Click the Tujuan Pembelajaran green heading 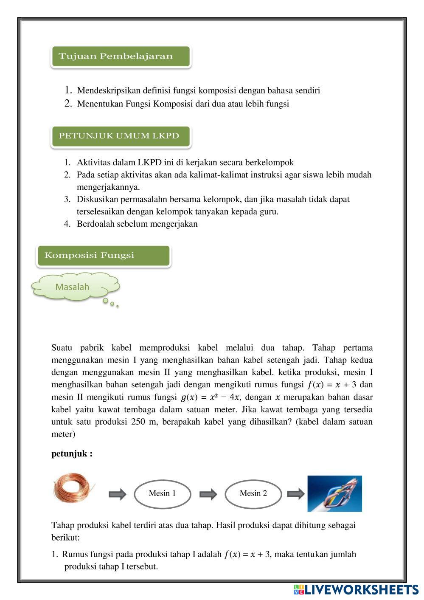click(120, 56)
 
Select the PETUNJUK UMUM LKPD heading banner click(120, 136)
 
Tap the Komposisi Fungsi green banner click(103, 256)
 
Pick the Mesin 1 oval click(162, 493)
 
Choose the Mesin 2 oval click(253, 493)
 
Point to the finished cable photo click(334, 493)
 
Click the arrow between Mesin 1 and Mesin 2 click(208, 494)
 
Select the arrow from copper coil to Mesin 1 click(117, 494)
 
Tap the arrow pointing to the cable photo click(295, 493)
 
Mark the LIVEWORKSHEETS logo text click(361, 589)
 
